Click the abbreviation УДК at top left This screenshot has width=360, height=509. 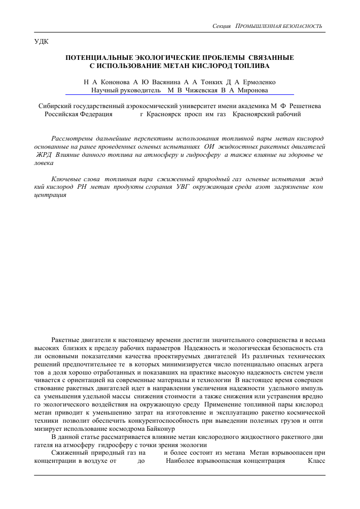pyautogui.click(x=41, y=41)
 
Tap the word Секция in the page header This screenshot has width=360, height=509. pyautogui.click(x=222, y=26)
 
